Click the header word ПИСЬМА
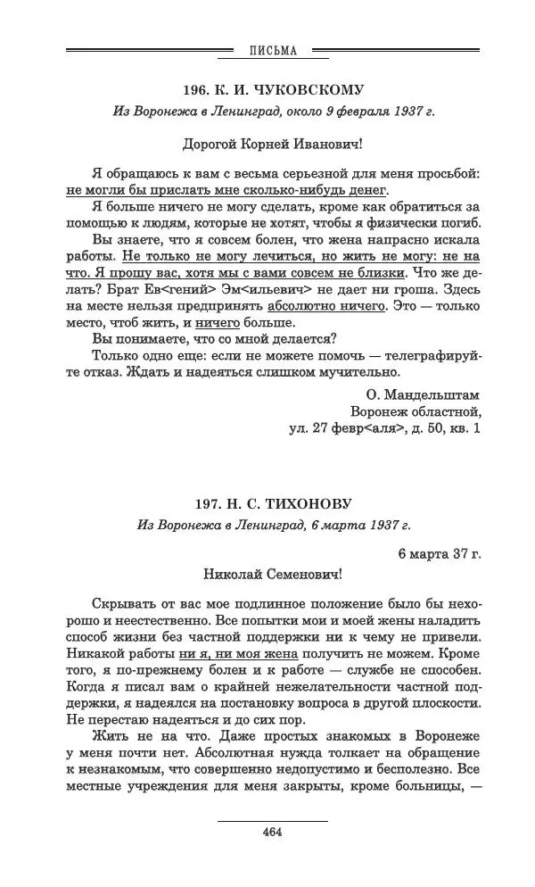coord(271,51)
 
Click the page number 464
coord(272,833)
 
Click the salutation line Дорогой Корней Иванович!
coord(272,142)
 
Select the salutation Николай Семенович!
coord(272,576)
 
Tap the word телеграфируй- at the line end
coord(427,356)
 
